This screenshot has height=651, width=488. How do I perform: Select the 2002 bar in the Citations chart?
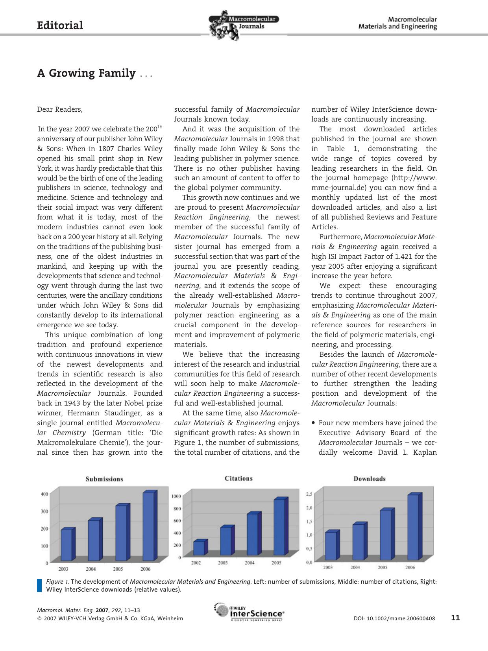[199, 548]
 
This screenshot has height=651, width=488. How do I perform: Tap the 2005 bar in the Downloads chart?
[386, 535]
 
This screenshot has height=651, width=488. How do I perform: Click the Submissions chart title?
[104, 479]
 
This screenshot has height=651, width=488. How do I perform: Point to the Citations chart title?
[238, 478]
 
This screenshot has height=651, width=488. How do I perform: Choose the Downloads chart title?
[369, 479]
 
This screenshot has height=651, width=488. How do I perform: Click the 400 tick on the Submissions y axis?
[44, 494]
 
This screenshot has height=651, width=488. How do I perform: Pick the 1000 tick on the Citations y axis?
[176, 496]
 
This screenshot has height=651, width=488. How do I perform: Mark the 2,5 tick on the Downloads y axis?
[309, 494]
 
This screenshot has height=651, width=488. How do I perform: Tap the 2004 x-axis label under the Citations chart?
[250, 563]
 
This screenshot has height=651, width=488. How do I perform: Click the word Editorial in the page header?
[60, 26]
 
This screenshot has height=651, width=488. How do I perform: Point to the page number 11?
[455, 618]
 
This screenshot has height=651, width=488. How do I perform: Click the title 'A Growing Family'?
[86, 73]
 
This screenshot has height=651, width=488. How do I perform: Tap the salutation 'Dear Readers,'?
[60, 109]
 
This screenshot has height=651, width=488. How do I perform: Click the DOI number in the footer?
[394, 618]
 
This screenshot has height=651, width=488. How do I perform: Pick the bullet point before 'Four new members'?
[313, 423]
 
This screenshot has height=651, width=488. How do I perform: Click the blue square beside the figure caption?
[39, 585]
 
